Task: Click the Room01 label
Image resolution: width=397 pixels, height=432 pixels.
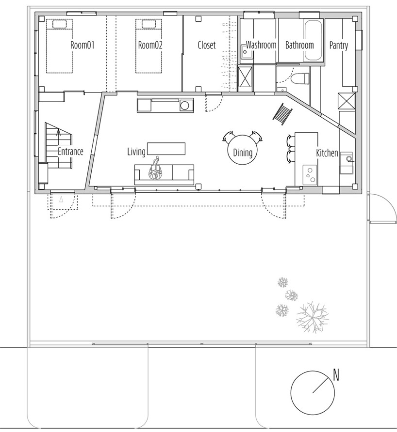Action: (82, 45)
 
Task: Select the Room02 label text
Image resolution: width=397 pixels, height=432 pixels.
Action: (150, 45)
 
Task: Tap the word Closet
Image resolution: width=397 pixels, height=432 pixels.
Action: (206, 45)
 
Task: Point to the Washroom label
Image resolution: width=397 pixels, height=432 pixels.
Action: (261, 45)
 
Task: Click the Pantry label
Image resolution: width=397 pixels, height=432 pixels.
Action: (338, 46)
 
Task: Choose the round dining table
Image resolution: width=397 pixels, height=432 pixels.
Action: (242, 153)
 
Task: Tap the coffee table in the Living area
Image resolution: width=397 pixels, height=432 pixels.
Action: (166, 148)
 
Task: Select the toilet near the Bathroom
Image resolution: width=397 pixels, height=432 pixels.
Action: (301, 77)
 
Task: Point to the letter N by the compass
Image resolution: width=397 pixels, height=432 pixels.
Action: (335, 374)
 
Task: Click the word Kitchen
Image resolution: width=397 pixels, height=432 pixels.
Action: (327, 153)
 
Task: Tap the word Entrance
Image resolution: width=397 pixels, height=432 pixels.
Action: (70, 151)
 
